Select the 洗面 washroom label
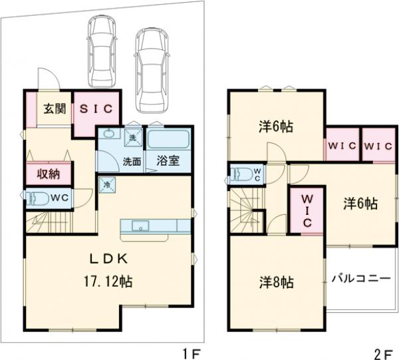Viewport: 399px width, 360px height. click(x=130, y=160)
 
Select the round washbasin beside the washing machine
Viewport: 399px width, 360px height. click(x=110, y=138)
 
